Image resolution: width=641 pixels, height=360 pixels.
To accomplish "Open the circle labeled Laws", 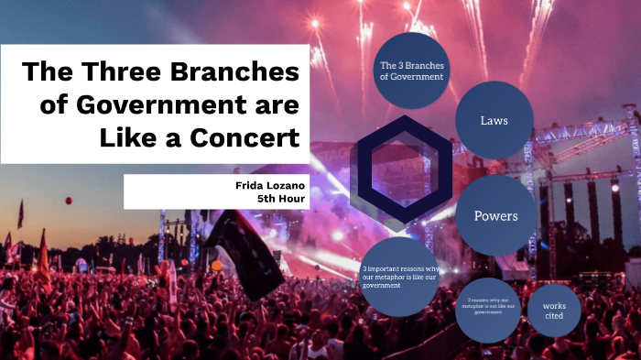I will point(494,120).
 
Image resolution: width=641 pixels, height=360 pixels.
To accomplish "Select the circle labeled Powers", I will point(495,216).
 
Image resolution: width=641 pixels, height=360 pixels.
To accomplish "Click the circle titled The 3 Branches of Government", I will point(412,71).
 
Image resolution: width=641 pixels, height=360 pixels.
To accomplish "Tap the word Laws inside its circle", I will point(494,120).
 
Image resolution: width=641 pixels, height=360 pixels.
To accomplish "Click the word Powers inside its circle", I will point(495,216).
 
